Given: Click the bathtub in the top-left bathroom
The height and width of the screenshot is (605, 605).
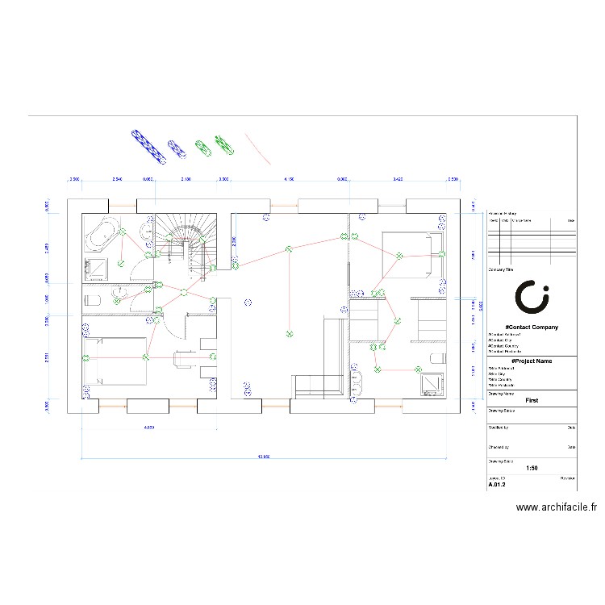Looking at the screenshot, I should [x=101, y=233].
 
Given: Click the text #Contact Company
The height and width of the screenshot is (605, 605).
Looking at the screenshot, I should [x=532, y=327].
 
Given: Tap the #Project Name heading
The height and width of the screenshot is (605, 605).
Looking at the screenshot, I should [x=532, y=361].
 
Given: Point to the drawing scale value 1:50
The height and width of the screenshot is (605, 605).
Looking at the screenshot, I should [x=532, y=467].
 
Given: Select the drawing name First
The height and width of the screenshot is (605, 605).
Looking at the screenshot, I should [x=532, y=399].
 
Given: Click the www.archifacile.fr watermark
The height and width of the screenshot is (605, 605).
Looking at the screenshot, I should [x=557, y=507].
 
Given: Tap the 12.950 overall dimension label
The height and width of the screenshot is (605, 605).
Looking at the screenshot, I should [x=263, y=457].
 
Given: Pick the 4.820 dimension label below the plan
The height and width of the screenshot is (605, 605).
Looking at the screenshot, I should [x=149, y=428].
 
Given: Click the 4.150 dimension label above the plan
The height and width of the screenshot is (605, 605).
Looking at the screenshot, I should [x=288, y=179].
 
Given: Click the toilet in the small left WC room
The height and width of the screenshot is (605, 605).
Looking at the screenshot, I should [x=92, y=301].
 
